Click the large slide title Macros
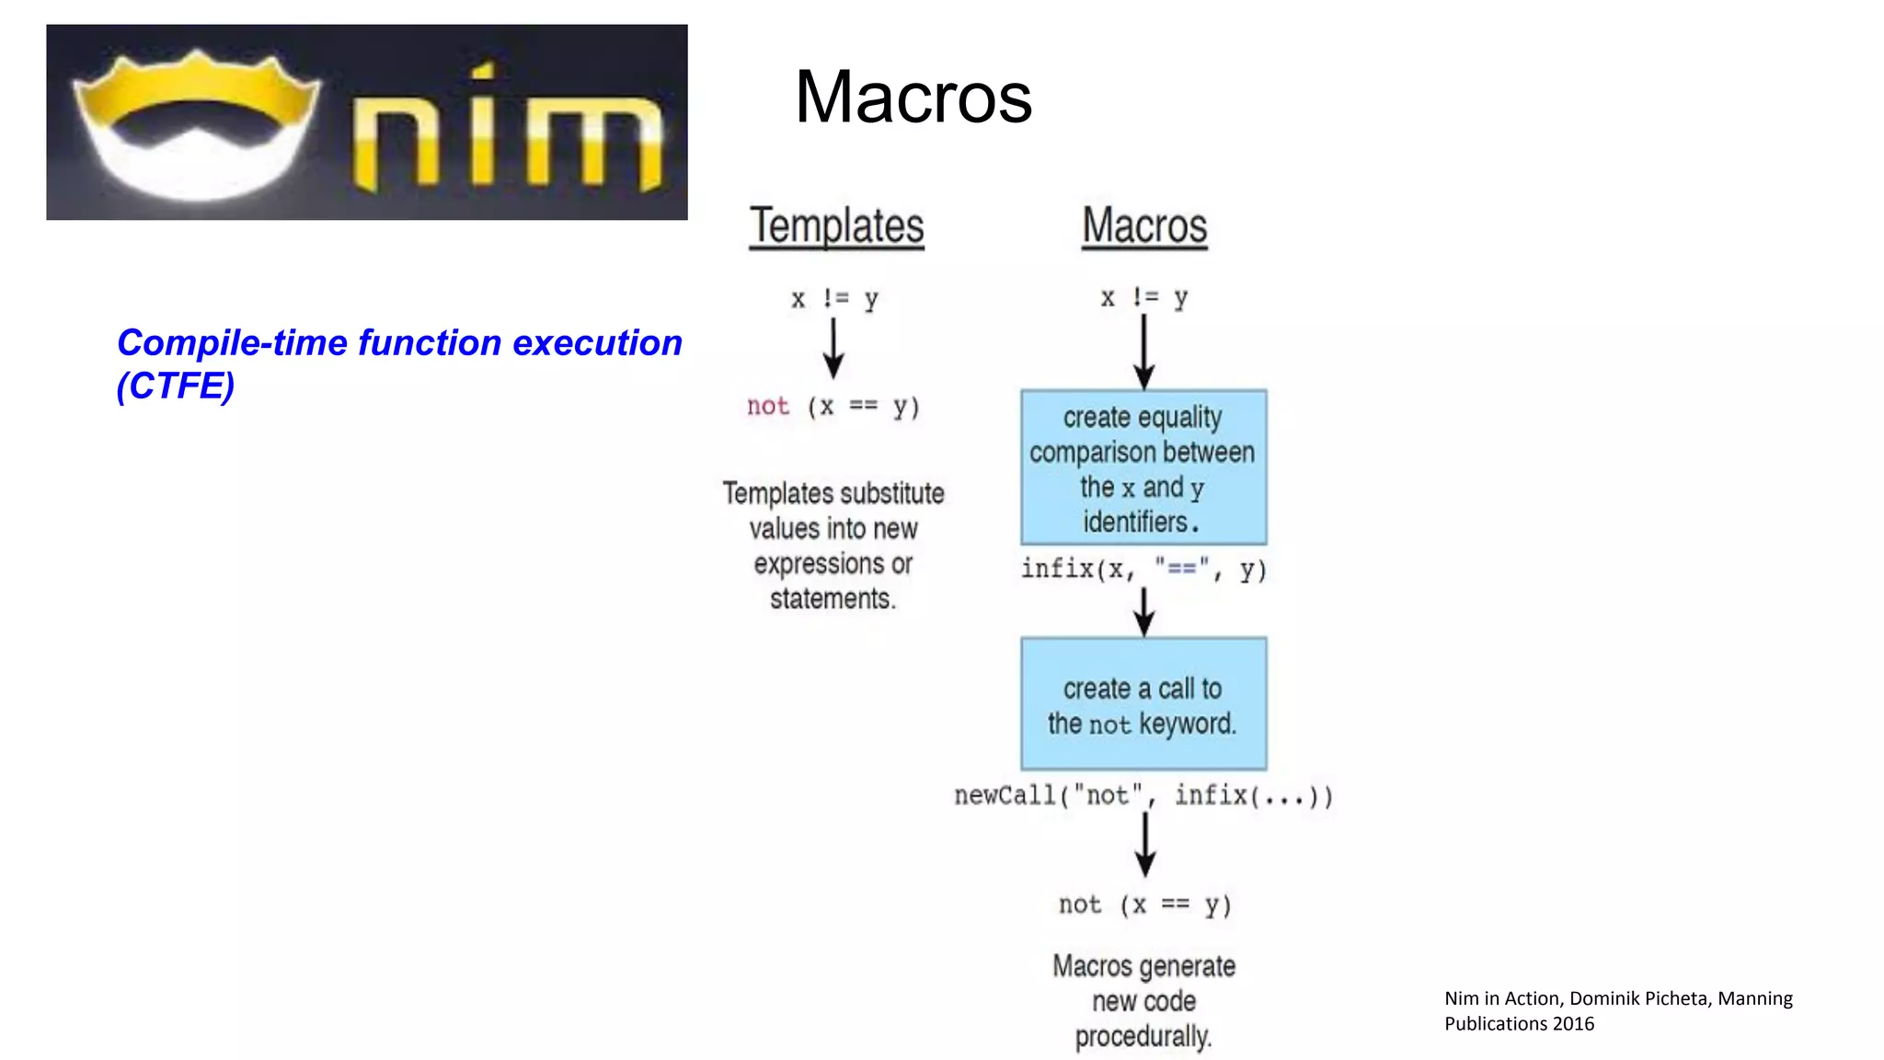(913, 98)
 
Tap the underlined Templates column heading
(836, 226)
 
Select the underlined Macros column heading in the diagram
(1144, 226)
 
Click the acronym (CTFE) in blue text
(176, 386)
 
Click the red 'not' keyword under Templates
(768, 407)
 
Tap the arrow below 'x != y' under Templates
(833, 348)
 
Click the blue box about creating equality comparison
(1143, 467)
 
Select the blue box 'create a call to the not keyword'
(1143, 704)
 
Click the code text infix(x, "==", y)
(1143, 570)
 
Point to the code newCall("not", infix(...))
(1143, 795)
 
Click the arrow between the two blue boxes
(1144, 611)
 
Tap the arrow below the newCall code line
(1145, 843)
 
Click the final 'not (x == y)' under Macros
(1144, 905)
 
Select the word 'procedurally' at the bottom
(1143, 1037)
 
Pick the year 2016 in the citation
(1573, 1024)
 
